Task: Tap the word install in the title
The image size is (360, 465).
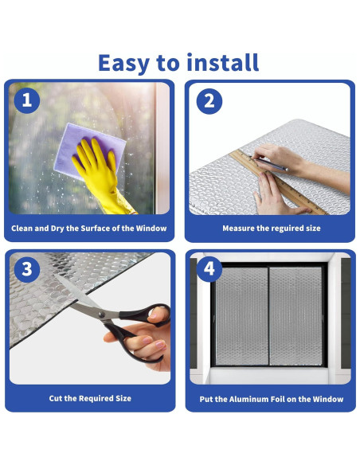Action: pyautogui.click(x=223, y=62)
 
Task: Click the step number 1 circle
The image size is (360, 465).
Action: pyautogui.click(x=27, y=100)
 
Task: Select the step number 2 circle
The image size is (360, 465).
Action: pyautogui.click(x=209, y=101)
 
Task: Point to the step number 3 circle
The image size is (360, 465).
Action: pyautogui.click(x=27, y=269)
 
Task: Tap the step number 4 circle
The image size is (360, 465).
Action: pyautogui.click(x=209, y=269)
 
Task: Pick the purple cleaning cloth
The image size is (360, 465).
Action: pyautogui.click(x=89, y=150)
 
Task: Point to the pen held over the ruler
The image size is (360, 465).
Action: pyautogui.click(x=269, y=162)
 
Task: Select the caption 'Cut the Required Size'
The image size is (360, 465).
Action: pyautogui.click(x=90, y=398)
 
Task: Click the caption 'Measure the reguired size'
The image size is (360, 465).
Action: pyautogui.click(x=272, y=228)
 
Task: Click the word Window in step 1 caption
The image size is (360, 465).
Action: pyautogui.click(x=151, y=228)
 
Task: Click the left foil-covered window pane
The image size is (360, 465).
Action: pyautogui.click(x=241, y=316)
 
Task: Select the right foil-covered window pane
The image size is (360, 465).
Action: pyautogui.click(x=295, y=316)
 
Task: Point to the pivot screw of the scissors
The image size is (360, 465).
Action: pyautogui.click(x=102, y=315)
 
